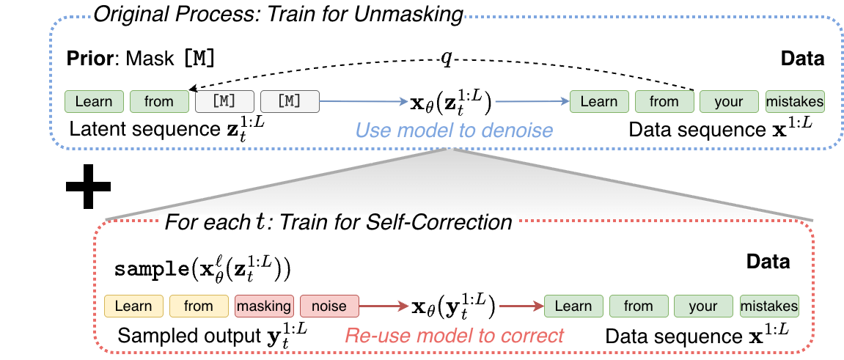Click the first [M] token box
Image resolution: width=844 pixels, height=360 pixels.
pos(224,102)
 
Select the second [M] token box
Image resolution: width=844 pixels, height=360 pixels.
pos(290,102)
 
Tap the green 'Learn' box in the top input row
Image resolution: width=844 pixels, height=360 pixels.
pos(94,102)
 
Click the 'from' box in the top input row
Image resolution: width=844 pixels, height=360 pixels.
pos(159,102)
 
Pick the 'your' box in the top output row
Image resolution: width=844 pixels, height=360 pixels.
pos(729,102)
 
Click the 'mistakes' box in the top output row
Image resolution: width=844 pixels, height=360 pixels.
pos(795,102)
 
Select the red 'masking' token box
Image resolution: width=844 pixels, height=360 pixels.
pos(264,306)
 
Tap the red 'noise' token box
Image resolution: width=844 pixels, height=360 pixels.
pos(329,306)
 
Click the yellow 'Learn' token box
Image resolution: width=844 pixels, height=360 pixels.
pos(133,306)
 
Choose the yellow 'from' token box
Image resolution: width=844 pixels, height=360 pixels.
pos(199,306)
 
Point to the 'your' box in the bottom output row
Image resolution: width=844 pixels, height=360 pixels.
pos(703,306)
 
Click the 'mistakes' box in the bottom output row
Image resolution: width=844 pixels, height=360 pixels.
pos(769,306)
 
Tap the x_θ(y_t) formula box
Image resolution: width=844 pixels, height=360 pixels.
pos(453,305)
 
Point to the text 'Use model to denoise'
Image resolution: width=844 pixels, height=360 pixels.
pos(454,131)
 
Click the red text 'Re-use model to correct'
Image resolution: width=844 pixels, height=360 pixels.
pos(455,335)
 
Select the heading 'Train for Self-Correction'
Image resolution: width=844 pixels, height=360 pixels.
pos(339,221)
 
